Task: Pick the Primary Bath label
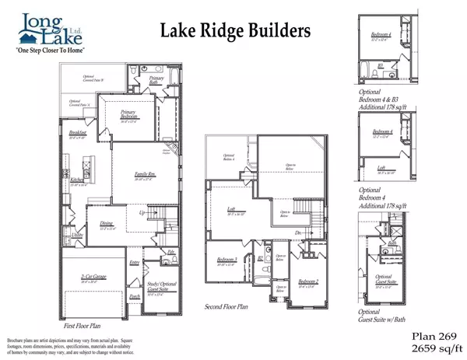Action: [x=156, y=79]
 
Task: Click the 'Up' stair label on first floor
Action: [x=142, y=211]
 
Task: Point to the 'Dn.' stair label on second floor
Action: [x=299, y=232]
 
